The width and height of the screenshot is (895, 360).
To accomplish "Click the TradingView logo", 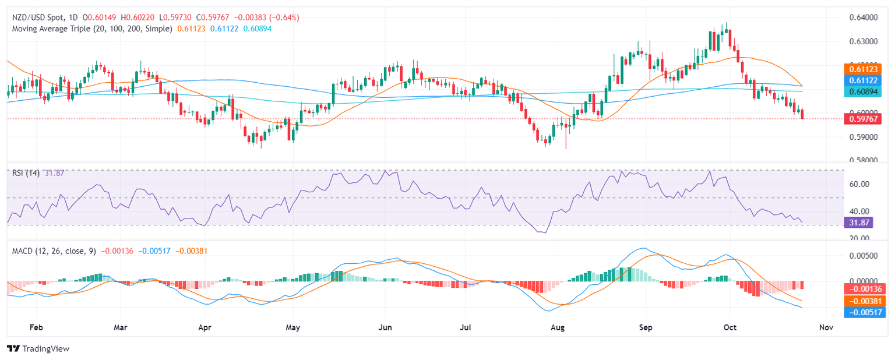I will pyautogui.click(x=38, y=348).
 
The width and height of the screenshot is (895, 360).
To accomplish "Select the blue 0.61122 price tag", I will pyautogui.click(x=864, y=80).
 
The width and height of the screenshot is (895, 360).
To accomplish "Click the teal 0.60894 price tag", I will pyautogui.click(x=864, y=91).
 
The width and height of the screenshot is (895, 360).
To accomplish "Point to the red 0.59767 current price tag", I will pyautogui.click(x=864, y=118).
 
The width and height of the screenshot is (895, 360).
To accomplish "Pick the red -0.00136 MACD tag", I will pyautogui.click(x=864, y=289).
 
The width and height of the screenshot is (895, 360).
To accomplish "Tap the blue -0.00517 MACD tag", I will pyautogui.click(x=864, y=312).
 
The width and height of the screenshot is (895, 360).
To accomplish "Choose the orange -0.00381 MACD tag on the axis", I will pyautogui.click(x=864, y=301).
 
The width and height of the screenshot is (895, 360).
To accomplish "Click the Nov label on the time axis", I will pyautogui.click(x=826, y=328).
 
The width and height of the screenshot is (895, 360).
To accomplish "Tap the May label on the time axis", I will pyautogui.click(x=293, y=328).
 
